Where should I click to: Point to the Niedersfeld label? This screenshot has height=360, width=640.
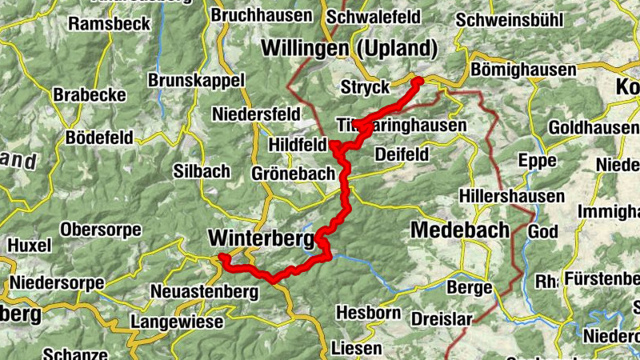click(255, 114)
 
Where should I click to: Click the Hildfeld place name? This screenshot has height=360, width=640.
click(298, 146)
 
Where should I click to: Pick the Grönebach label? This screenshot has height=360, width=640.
click(286, 174)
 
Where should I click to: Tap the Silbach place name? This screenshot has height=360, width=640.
click(202, 170)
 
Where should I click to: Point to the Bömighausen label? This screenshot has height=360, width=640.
click(523, 70)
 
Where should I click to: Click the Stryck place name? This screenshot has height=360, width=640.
click(364, 87)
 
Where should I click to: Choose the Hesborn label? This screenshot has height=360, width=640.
click(368, 312)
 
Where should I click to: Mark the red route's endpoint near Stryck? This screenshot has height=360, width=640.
click(417, 81)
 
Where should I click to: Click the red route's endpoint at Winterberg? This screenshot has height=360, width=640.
click(223, 257)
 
